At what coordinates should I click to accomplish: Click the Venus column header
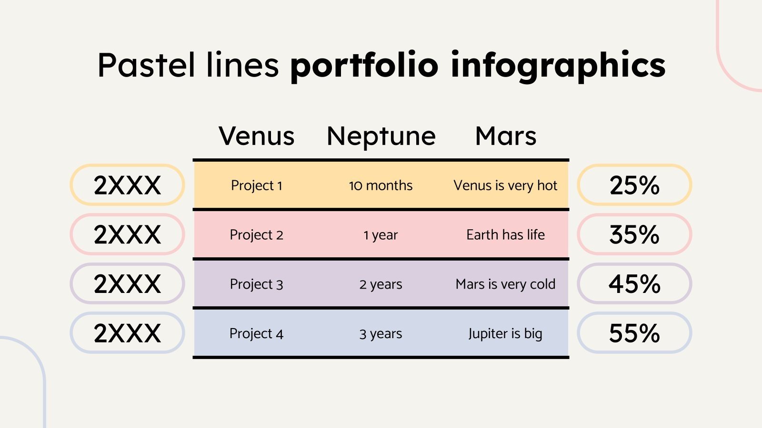257,136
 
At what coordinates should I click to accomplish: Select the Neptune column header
381,136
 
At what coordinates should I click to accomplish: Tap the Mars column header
506,136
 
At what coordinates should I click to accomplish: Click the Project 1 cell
257,185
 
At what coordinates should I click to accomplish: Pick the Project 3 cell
257,284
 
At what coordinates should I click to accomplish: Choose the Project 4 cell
257,334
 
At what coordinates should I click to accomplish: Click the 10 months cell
381,185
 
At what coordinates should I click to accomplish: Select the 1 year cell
381,235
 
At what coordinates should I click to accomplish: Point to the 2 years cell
381,284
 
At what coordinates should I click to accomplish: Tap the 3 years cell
381,334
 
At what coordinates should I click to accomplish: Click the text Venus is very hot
505,185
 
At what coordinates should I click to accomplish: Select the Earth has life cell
505,235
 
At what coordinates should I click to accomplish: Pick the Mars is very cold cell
505,284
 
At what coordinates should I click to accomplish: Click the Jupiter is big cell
505,334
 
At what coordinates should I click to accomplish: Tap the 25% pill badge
634,185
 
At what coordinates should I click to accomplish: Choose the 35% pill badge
634,234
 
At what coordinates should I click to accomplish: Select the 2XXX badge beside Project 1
127,185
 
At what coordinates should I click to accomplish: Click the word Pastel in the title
146,65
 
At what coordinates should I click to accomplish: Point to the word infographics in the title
558,66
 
